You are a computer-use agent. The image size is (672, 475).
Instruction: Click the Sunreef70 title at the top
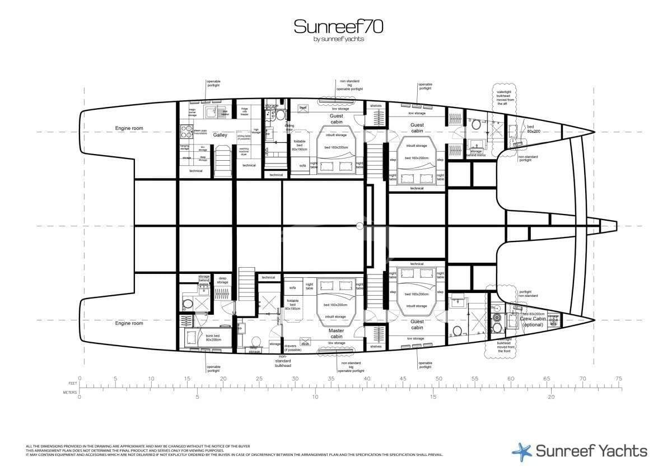click(338, 26)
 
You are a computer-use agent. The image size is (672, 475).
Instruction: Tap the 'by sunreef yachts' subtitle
click(338, 39)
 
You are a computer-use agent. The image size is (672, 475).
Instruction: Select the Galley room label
click(220, 134)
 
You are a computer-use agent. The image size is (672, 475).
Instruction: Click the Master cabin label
click(336, 333)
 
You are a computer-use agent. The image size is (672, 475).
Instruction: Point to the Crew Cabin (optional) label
click(532, 322)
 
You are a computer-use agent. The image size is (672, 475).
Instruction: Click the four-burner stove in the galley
click(185, 132)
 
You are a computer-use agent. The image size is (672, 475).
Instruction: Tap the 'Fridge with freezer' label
click(245, 111)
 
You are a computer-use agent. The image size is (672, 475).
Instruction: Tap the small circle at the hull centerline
click(360, 226)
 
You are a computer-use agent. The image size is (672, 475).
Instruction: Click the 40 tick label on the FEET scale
click(367, 379)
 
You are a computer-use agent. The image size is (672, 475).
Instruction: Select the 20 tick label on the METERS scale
click(551, 397)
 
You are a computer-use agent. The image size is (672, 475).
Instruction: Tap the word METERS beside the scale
click(69, 392)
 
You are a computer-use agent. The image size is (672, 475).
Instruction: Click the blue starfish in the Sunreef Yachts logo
click(522, 450)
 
